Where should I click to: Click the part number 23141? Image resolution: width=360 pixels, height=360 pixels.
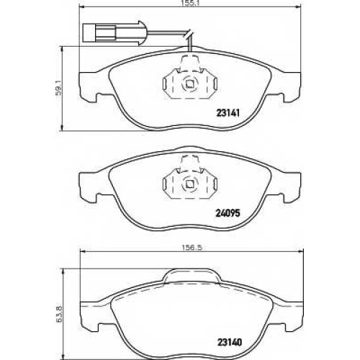228,112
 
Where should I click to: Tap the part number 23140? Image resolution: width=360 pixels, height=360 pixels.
230,342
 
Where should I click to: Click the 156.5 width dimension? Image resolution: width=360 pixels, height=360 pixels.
191,248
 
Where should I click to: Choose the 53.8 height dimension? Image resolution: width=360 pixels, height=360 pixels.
60,314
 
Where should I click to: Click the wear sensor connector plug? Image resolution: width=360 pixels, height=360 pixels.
114,33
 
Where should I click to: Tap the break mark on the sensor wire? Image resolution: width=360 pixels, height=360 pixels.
189,34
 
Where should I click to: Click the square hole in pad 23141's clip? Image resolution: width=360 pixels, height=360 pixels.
190,84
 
